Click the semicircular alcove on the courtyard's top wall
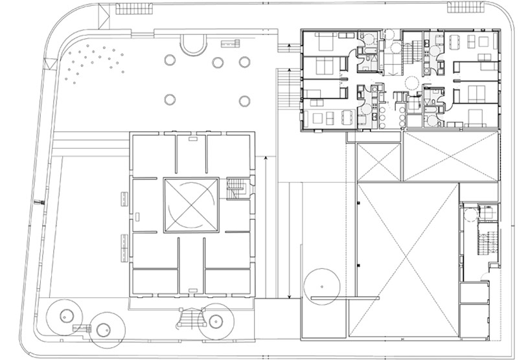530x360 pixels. (x=194, y=45)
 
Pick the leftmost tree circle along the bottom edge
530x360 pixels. (x=65, y=316)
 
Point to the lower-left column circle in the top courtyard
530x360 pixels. (x=170, y=100)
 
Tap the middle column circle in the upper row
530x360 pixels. (x=218, y=62)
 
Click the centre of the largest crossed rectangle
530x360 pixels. (x=407, y=259)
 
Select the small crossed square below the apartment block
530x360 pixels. (x=379, y=163)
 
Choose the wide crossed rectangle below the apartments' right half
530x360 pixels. (x=452, y=156)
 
